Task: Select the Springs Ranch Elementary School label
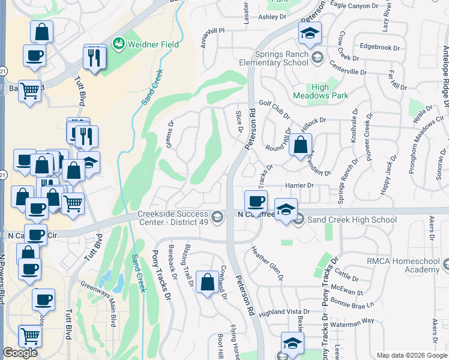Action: click(x=280, y=58)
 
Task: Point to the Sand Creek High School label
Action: click(x=352, y=220)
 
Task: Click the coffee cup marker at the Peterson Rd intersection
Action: click(x=256, y=200)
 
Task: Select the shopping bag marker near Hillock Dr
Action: click(x=300, y=145)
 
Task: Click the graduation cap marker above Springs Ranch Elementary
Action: click(x=310, y=33)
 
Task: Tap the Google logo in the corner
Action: click(x=20, y=353)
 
